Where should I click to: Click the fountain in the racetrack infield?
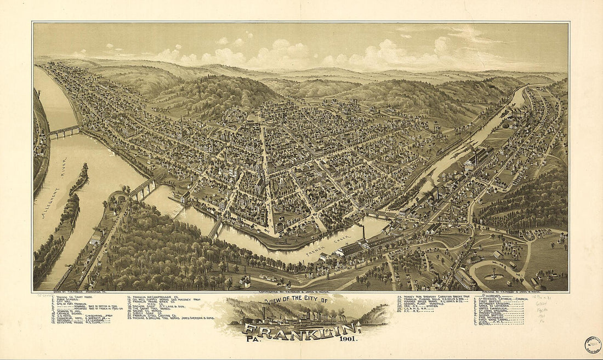(494, 272)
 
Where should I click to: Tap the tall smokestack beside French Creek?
(363, 233)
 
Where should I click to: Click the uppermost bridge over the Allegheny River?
(64, 131)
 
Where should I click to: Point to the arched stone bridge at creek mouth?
(143, 188)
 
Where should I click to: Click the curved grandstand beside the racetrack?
(465, 278)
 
